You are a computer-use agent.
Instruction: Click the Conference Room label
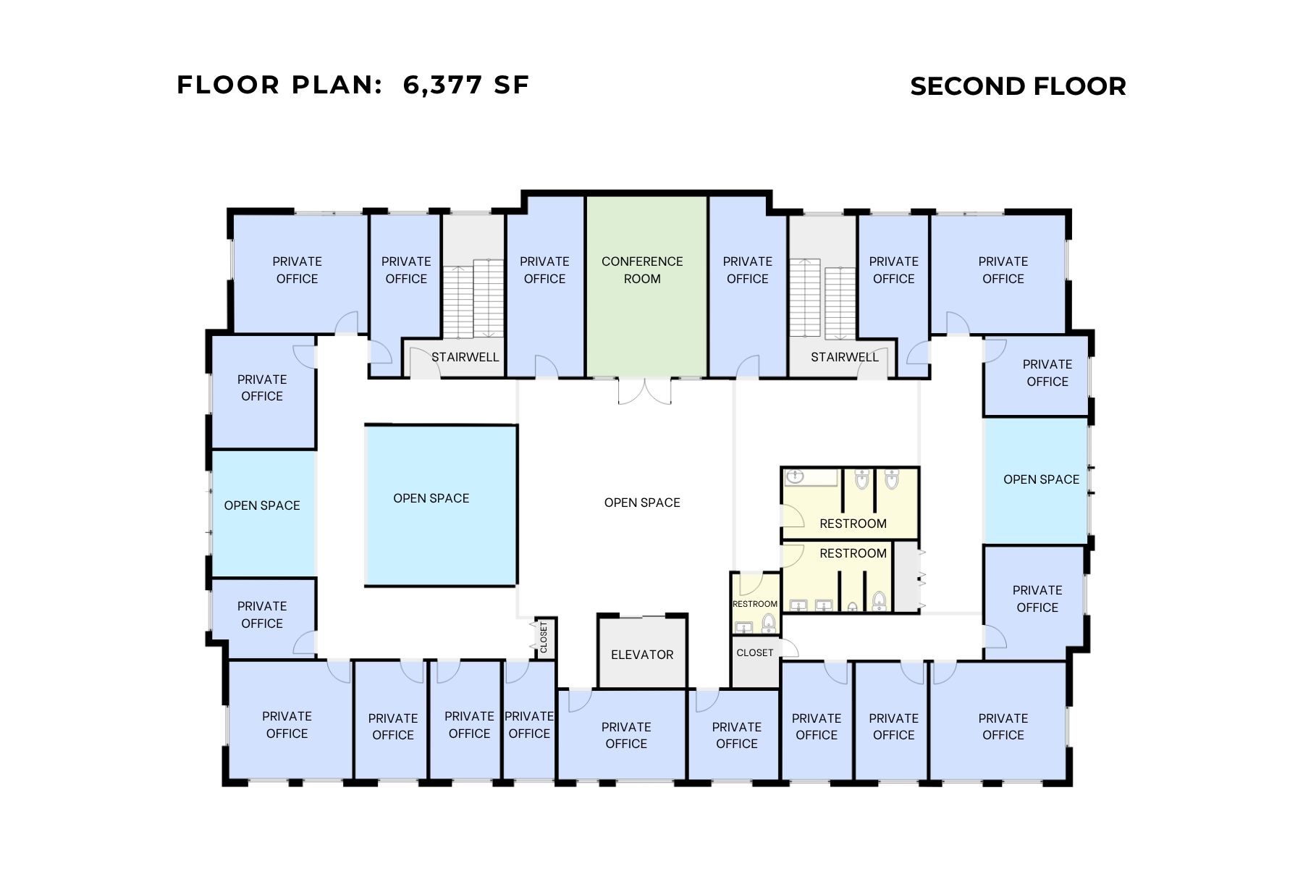click(641, 270)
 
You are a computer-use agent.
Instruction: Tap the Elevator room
click(642, 654)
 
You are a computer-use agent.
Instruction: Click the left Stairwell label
click(465, 357)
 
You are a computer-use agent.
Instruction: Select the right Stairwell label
click(844, 357)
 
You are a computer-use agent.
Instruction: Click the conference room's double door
click(644, 391)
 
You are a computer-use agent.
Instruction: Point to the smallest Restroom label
click(754, 604)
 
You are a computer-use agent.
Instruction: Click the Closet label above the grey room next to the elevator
click(754, 652)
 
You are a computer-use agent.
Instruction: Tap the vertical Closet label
click(544, 637)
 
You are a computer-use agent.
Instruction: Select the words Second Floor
click(1018, 86)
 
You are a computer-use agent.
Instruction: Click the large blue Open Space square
click(440, 505)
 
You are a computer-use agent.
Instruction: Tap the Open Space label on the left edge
click(262, 505)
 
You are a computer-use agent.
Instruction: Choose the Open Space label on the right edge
click(1041, 479)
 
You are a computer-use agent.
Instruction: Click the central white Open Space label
click(642, 503)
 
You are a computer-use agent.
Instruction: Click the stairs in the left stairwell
click(473, 298)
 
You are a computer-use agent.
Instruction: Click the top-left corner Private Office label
click(297, 270)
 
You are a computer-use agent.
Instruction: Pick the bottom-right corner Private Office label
click(1003, 726)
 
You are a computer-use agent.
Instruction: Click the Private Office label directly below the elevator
click(625, 735)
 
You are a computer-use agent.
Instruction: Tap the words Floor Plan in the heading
click(279, 85)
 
